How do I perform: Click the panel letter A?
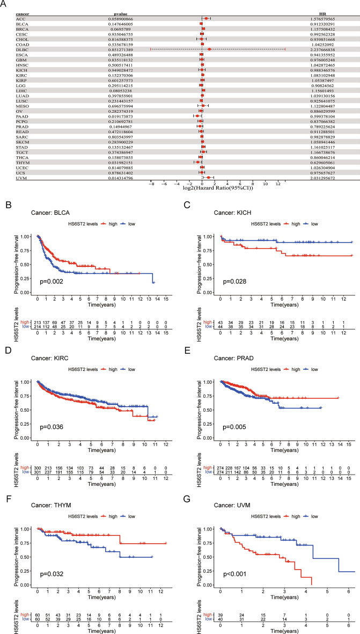pyautogui.click(x=4, y=4)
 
